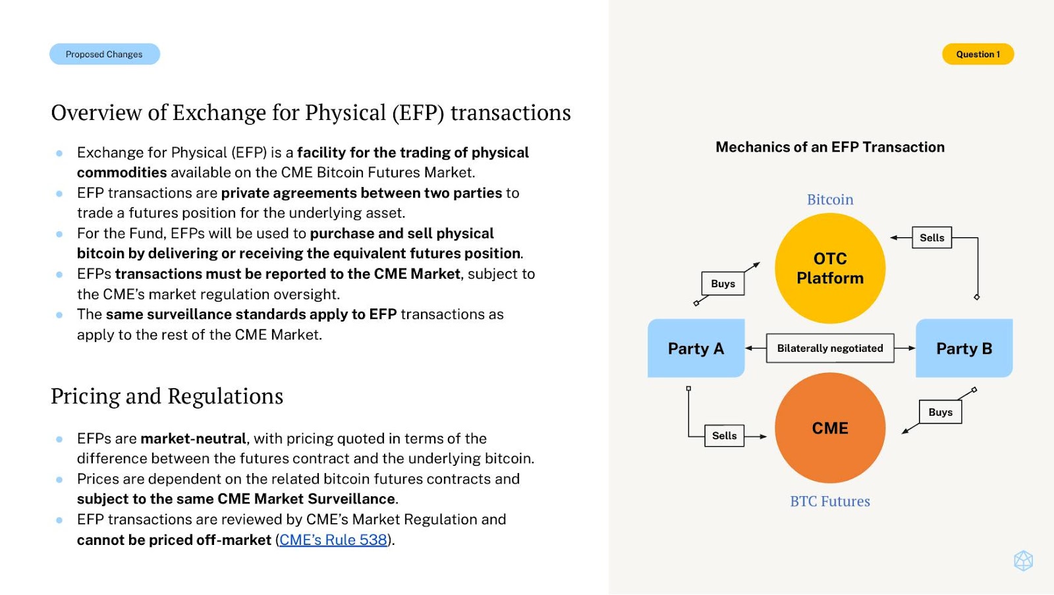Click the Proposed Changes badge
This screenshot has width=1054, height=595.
click(105, 54)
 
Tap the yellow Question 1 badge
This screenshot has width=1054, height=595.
click(978, 54)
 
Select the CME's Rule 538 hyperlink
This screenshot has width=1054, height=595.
click(333, 540)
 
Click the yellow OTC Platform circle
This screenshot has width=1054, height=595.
click(830, 268)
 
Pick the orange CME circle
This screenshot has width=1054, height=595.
click(830, 428)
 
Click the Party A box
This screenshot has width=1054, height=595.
click(696, 349)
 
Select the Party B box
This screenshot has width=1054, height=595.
click(964, 349)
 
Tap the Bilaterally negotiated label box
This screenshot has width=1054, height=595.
click(830, 349)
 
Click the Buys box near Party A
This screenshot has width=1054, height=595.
click(723, 283)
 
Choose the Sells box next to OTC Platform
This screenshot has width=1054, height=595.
click(931, 238)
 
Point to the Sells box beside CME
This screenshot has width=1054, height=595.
click(724, 436)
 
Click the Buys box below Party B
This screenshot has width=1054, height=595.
click(940, 412)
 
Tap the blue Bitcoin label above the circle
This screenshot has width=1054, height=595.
click(830, 200)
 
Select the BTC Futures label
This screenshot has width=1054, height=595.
click(830, 501)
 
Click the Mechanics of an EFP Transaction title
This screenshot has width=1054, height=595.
click(830, 147)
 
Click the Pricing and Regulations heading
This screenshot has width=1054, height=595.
click(167, 396)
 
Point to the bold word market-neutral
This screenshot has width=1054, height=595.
click(194, 439)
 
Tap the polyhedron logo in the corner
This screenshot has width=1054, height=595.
click(1023, 561)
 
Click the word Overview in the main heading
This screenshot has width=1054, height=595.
click(96, 113)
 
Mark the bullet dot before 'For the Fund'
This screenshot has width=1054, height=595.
click(59, 234)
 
